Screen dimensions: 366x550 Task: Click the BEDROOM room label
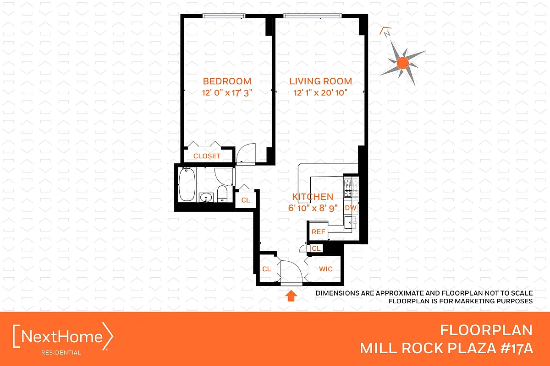pyautogui.click(x=227, y=81)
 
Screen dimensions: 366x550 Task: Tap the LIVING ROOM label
pyautogui.click(x=320, y=81)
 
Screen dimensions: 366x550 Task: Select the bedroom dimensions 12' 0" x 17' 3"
pyautogui.click(x=227, y=93)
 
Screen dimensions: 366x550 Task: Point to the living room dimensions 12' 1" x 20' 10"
pyautogui.click(x=320, y=93)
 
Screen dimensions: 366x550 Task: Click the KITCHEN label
pyautogui.click(x=313, y=197)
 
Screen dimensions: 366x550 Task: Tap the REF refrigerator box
pyautogui.click(x=318, y=232)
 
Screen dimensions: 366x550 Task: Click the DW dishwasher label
pyautogui.click(x=350, y=208)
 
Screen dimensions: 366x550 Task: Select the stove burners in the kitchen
pyautogui.click(x=350, y=187)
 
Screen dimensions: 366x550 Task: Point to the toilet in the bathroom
pyautogui.click(x=222, y=194)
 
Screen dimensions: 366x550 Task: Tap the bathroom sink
pyautogui.click(x=206, y=198)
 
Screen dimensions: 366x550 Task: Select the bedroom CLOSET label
pyautogui.click(x=207, y=156)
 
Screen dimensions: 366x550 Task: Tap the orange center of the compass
pyautogui.click(x=402, y=63)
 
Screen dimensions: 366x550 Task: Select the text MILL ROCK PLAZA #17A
pyautogui.click(x=446, y=348)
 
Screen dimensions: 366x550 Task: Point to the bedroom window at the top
pyautogui.click(x=223, y=16)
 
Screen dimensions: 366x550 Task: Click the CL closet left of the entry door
pyautogui.click(x=266, y=269)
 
